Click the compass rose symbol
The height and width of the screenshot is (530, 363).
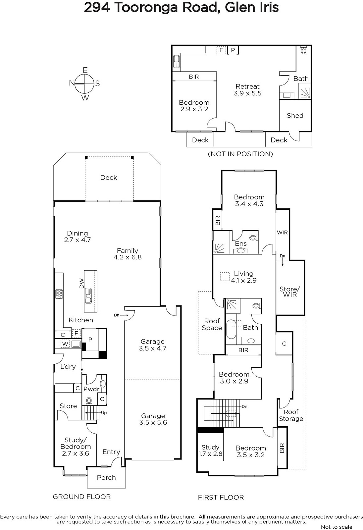[84, 83]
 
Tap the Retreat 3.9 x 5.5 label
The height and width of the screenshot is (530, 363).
[247, 90]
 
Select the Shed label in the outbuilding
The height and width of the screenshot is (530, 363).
[295, 116]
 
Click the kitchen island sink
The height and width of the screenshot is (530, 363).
[88, 295]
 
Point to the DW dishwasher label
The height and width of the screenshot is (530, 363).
[81, 283]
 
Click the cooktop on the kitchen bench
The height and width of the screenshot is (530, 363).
[59, 294]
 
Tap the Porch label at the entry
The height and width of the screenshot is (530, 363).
[106, 477]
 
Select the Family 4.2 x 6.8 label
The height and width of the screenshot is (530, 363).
[127, 254]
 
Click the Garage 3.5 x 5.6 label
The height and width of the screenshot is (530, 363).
[153, 419]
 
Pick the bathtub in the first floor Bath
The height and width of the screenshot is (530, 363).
[231, 329]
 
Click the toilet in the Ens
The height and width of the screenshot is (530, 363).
[253, 237]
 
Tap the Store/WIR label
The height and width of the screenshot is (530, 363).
[290, 292]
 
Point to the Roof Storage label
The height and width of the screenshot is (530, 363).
[291, 415]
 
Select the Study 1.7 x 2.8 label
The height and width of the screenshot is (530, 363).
[210, 450]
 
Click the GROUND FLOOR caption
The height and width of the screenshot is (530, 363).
[81, 497]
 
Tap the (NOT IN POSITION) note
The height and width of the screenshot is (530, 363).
[240, 154]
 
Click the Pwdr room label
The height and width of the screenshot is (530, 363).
[91, 389]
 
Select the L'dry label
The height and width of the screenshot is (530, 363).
[68, 367]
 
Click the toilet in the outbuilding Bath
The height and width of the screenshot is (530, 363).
[304, 50]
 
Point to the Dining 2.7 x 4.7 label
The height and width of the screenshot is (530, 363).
[78, 237]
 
